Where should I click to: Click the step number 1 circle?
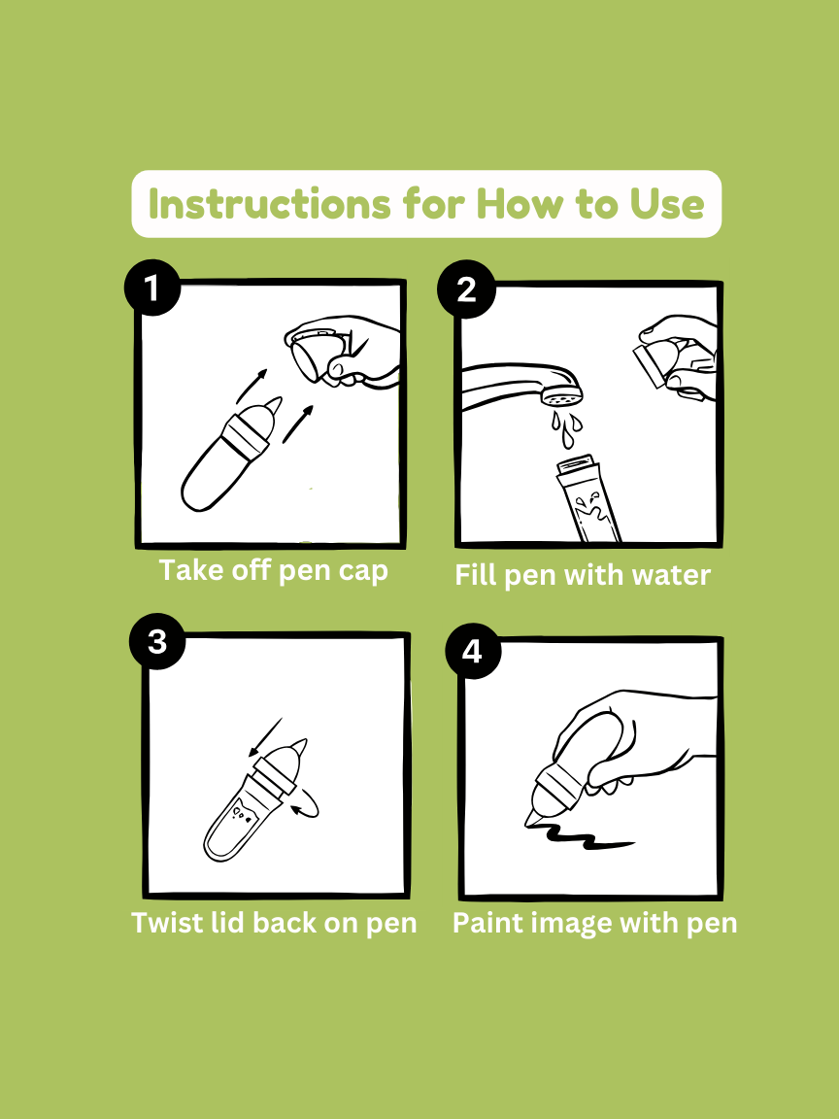click(151, 288)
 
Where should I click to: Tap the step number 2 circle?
click(466, 288)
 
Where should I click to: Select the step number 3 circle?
click(157, 641)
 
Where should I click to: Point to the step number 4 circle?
click(472, 651)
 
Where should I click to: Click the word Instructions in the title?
click(270, 204)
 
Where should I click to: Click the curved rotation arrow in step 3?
click(308, 805)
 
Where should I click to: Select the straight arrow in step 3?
click(266, 736)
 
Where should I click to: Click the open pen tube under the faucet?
click(587, 498)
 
